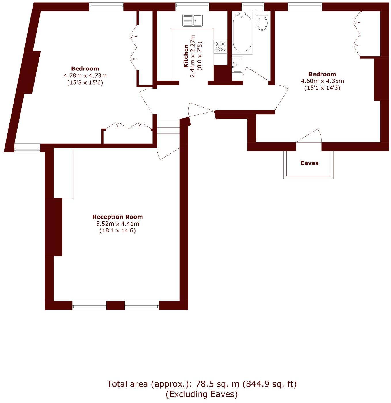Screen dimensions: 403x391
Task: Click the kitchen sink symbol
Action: click(192, 20)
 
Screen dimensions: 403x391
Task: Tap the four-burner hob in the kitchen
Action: click(220, 47)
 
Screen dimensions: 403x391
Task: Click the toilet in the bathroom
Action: click(262, 22)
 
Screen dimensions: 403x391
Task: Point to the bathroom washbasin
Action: click(237, 64)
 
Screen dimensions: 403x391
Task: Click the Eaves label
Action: click(309, 163)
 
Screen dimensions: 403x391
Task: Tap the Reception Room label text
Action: click(117, 217)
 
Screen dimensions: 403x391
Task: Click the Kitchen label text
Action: click(186, 56)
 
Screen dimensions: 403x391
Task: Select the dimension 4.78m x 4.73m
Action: click(85, 76)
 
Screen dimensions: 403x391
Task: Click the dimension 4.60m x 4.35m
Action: click(322, 81)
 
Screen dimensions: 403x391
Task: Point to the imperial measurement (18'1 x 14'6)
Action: click(117, 230)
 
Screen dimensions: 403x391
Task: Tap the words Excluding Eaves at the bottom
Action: click(202, 394)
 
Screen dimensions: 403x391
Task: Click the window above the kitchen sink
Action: click(192, 5)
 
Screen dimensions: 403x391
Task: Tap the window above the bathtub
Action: click(253, 5)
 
